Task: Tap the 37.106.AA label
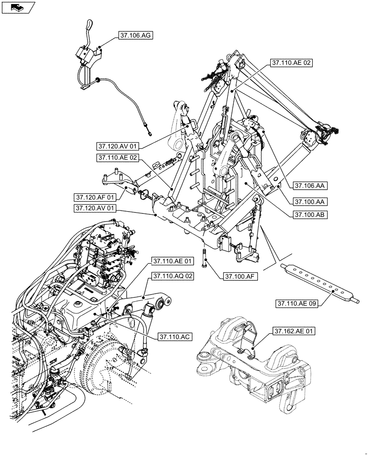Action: click(x=308, y=186)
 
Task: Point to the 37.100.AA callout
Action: click(x=308, y=201)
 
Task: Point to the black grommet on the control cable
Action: click(x=97, y=80)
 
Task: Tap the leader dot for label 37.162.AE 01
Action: click(x=252, y=350)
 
